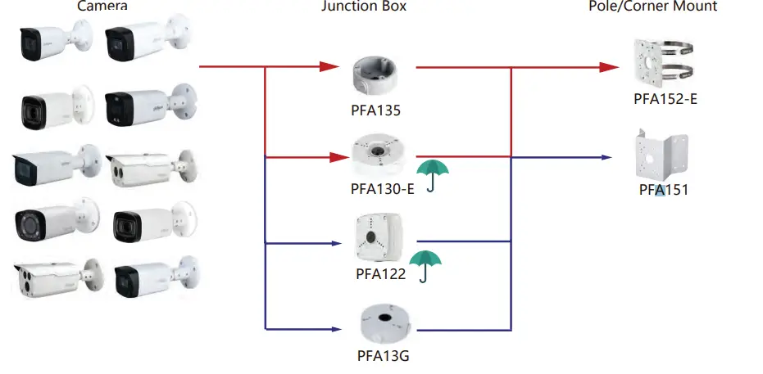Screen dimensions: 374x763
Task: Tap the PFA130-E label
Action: point(382,189)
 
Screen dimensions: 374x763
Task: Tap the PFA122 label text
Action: point(380,273)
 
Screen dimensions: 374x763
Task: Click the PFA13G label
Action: point(383,356)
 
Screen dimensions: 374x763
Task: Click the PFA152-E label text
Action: point(665,99)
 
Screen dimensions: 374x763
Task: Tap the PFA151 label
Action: point(663,191)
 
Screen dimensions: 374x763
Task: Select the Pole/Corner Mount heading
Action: point(653,7)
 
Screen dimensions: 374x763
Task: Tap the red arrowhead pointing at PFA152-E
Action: point(607,67)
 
